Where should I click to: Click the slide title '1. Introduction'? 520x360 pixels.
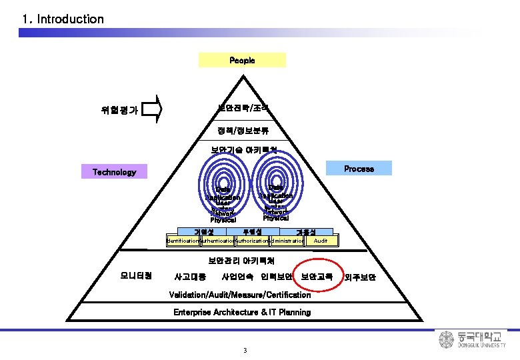coord(63,19)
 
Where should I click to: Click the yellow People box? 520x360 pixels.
coord(242,60)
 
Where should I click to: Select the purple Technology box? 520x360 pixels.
coord(114,172)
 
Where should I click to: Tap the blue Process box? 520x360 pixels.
coord(359,169)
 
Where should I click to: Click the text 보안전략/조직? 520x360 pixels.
coord(243,107)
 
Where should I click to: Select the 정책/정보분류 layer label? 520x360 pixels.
coord(243,131)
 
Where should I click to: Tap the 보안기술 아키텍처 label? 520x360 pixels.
coord(243,151)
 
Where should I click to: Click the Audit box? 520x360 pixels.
coord(321,240)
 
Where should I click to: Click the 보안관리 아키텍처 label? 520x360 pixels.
coord(241,259)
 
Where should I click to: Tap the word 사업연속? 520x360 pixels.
coord(237,276)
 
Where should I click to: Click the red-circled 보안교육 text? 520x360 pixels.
coord(317,276)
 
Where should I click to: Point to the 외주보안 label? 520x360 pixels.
coord(361,277)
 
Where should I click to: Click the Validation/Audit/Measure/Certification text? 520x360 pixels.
coord(240,295)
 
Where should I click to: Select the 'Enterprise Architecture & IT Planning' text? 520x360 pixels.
coord(242,312)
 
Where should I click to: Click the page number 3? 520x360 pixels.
coord(245,351)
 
